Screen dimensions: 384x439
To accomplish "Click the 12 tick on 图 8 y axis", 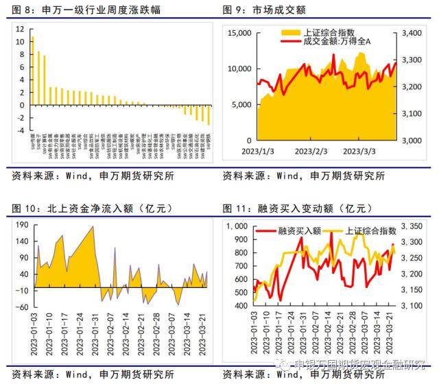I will [x=20, y=29].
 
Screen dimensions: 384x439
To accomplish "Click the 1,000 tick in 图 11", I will [x=239, y=226].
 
